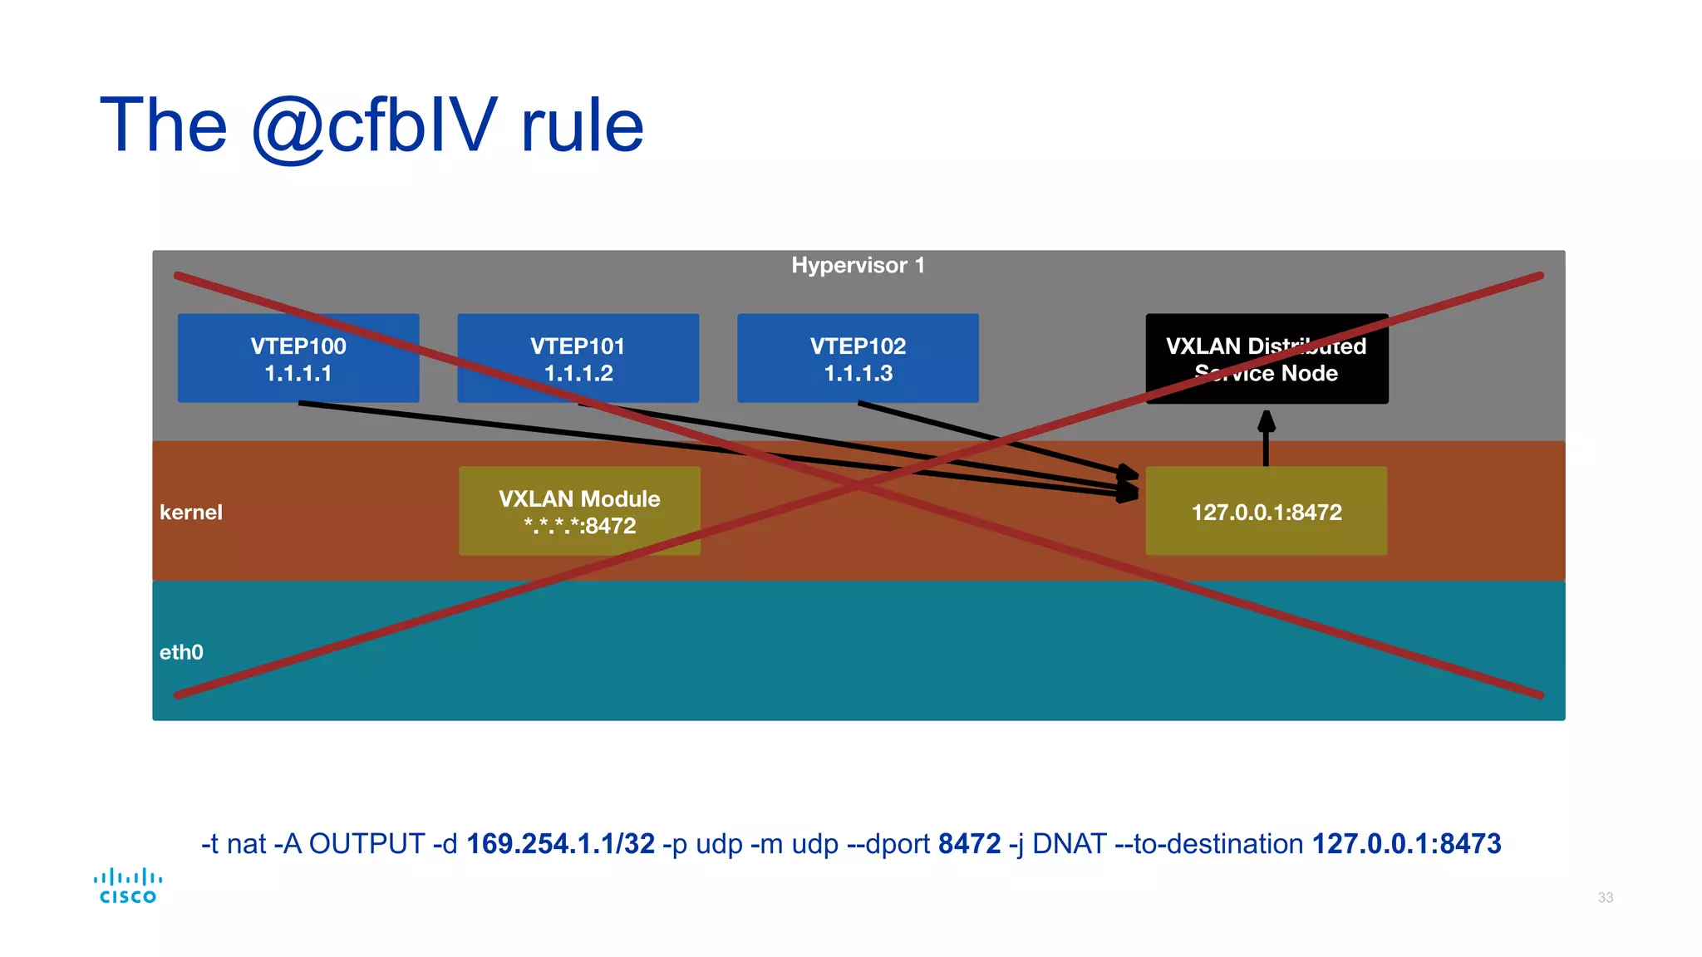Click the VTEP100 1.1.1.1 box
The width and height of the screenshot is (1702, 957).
point(298,359)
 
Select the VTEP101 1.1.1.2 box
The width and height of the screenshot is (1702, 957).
point(578,359)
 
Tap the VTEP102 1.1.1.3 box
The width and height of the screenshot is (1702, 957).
point(858,359)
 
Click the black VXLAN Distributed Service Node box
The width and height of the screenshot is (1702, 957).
point(1266,359)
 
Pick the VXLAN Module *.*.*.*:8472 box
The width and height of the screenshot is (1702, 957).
point(579,512)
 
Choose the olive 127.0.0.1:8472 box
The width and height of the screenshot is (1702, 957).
point(1266,512)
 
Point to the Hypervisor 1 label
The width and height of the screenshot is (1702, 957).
point(858,265)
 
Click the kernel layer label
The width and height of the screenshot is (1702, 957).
point(191,513)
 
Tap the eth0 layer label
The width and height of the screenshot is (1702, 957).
point(181,652)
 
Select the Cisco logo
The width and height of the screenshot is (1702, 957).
point(127,886)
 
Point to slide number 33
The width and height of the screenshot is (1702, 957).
point(1605,897)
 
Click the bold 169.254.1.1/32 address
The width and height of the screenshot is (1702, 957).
point(560,844)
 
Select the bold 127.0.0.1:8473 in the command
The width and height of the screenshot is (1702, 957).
point(1406,844)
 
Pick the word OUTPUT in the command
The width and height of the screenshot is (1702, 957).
point(366,844)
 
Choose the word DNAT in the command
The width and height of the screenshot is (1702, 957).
point(1069,844)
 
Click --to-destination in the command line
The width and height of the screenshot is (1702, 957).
point(1209,844)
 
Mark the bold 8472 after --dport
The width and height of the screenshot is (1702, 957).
point(969,844)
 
